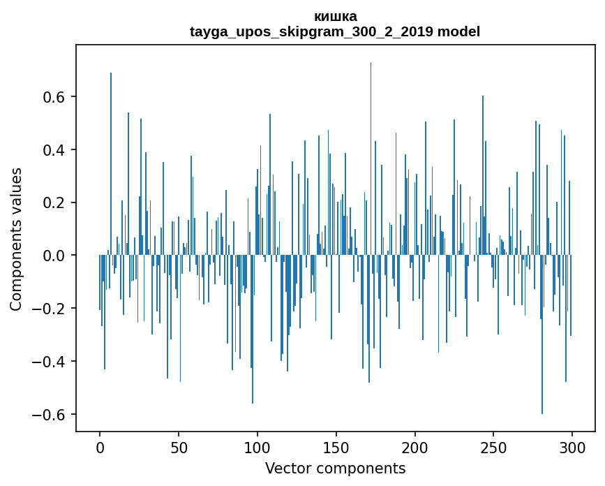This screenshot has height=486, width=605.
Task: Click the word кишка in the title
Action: point(335,17)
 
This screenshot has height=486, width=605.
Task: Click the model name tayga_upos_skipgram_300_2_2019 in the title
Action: point(312,31)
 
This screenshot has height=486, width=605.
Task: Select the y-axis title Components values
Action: point(16,240)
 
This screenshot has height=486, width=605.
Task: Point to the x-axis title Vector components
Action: point(335,469)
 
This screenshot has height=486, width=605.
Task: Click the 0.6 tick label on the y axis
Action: point(53,96)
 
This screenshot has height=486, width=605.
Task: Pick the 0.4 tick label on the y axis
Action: point(53,149)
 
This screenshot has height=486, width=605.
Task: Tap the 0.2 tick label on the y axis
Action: point(53,202)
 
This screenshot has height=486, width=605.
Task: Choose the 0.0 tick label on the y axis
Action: point(53,256)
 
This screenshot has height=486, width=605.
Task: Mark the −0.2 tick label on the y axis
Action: point(48,309)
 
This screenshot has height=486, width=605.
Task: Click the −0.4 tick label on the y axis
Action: point(48,362)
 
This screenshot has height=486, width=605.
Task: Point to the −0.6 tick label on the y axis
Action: point(48,415)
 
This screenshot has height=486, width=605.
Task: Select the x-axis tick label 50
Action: point(179,448)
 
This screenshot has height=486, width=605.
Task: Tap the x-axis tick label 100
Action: point(257,448)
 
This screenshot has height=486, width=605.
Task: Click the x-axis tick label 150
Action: point(336,448)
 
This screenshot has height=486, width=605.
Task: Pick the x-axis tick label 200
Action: point(414,448)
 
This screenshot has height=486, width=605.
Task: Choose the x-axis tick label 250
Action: point(493,448)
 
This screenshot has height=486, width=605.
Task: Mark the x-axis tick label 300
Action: point(572,448)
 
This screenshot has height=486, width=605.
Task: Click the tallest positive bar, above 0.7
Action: point(371,159)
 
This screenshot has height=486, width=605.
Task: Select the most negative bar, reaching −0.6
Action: point(542,334)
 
